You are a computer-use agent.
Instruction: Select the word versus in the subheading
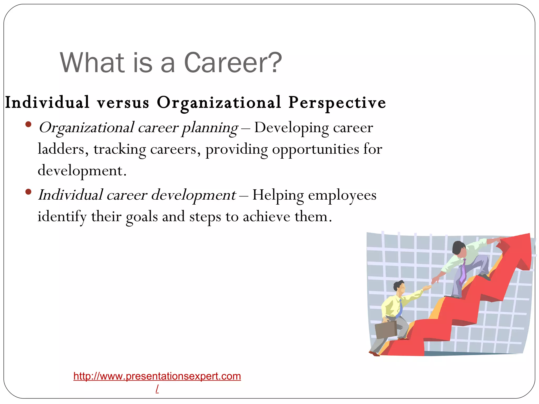coord(123,103)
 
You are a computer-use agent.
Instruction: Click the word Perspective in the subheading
coord(337,103)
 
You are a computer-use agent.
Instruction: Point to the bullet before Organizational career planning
coord(28,124)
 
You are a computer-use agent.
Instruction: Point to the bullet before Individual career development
coord(28,192)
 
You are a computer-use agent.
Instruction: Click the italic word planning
coord(210,128)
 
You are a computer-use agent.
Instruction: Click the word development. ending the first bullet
coord(82,171)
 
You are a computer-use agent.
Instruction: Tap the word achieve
coord(266,217)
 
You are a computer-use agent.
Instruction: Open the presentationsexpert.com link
coord(157,376)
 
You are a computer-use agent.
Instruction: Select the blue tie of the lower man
coord(400,309)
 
